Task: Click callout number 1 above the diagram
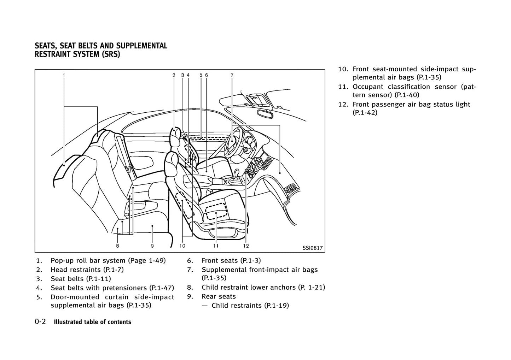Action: pyautogui.click(x=64, y=75)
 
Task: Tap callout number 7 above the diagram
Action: pyautogui.click(x=232, y=75)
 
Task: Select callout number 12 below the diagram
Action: pyautogui.click(x=246, y=246)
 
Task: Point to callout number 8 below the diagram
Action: pyautogui.click(x=117, y=246)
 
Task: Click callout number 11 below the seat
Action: pyautogui.click(x=216, y=246)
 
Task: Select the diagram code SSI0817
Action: pyautogui.click(x=312, y=248)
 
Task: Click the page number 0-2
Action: pyautogui.click(x=40, y=322)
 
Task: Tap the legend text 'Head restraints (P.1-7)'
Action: pyautogui.click(x=87, y=270)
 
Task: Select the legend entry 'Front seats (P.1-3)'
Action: pyautogui.click(x=231, y=260)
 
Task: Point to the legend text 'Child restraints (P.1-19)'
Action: pyautogui.click(x=250, y=305)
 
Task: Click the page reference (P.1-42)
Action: pyautogui.click(x=365, y=113)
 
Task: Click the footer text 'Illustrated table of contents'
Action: pyautogui.click(x=92, y=322)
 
